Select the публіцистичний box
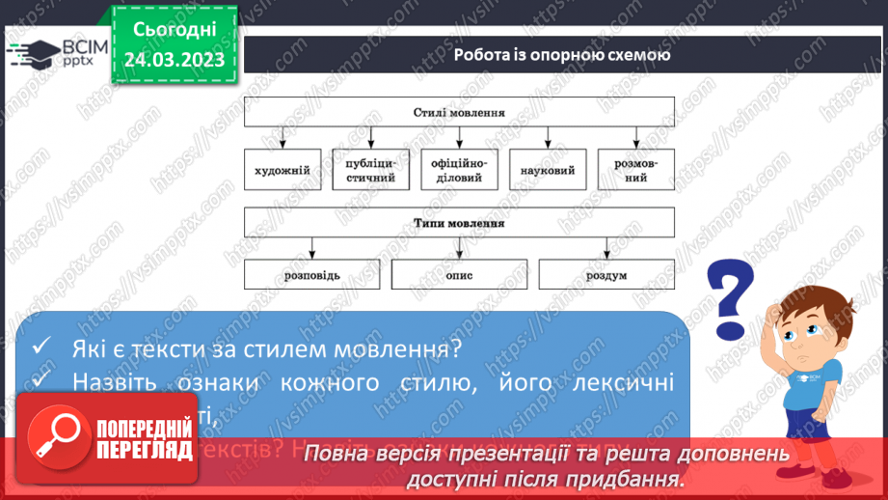coord(371,170)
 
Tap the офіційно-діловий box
coord(459,170)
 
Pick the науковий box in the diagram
coord(548,170)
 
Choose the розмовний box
coord(635,170)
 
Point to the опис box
coord(459,275)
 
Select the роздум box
coord(605,275)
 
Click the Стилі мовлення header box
coord(459,112)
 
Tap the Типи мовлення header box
coord(459,223)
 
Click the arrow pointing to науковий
coord(548,138)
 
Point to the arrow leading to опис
coord(459,249)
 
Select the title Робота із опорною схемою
coord(562,54)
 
